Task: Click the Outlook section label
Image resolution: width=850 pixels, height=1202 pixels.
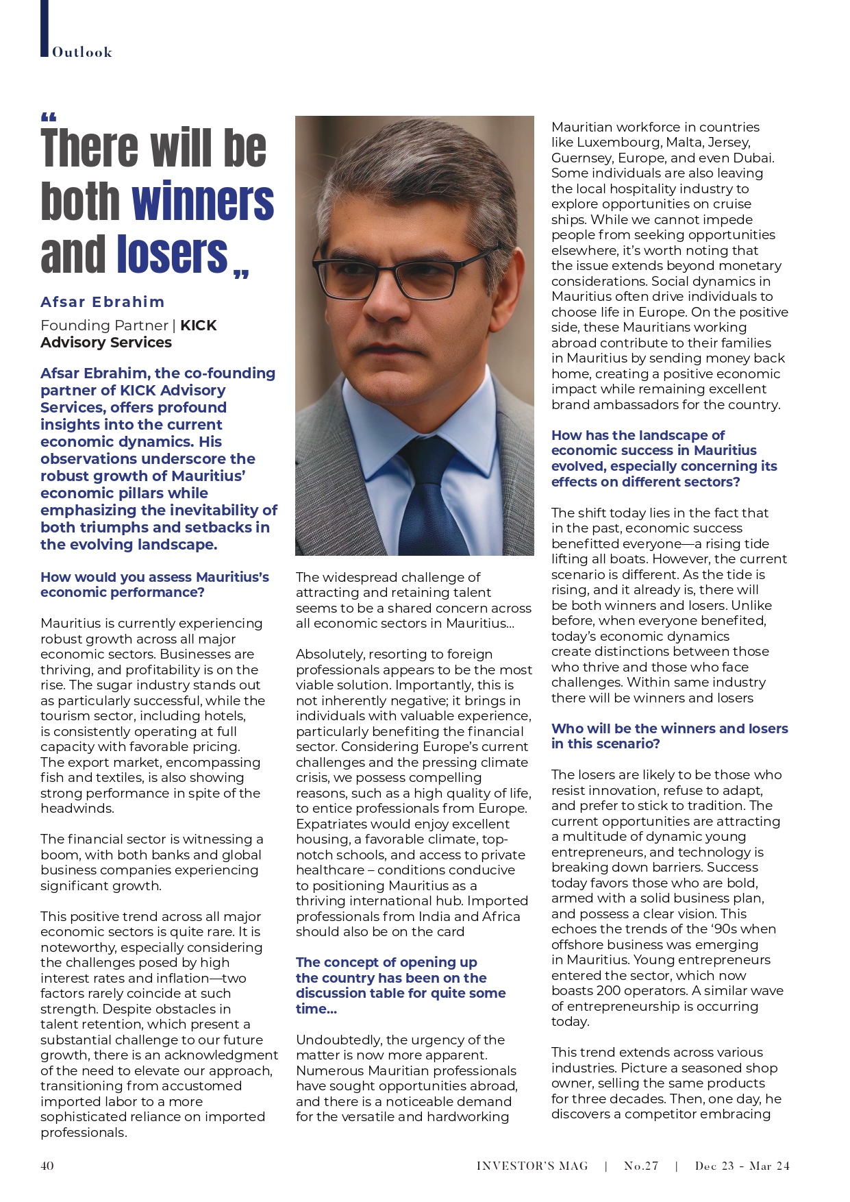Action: click(82, 52)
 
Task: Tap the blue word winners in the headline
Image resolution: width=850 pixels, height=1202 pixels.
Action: click(203, 201)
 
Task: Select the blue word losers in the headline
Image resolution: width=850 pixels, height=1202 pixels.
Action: click(172, 254)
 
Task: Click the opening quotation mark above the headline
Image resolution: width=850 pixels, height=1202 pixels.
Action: click(49, 117)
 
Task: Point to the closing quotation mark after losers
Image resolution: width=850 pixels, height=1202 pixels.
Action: click(241, 274)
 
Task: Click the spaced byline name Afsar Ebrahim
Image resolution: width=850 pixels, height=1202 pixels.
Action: click(103, 302)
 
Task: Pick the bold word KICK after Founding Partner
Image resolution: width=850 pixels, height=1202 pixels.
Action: click(199, 326)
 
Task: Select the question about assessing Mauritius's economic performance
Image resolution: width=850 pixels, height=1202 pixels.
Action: click(155, 585)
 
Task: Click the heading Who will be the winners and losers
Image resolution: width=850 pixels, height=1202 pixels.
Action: click(669, 736)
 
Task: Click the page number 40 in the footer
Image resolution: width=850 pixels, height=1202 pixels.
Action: click(47, 1166)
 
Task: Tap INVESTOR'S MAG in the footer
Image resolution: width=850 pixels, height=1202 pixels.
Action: click(532, 1166)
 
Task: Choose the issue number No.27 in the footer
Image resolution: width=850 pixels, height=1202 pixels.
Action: click(641, 1166)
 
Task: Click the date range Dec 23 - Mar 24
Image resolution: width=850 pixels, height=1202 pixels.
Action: click(742, 1166)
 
